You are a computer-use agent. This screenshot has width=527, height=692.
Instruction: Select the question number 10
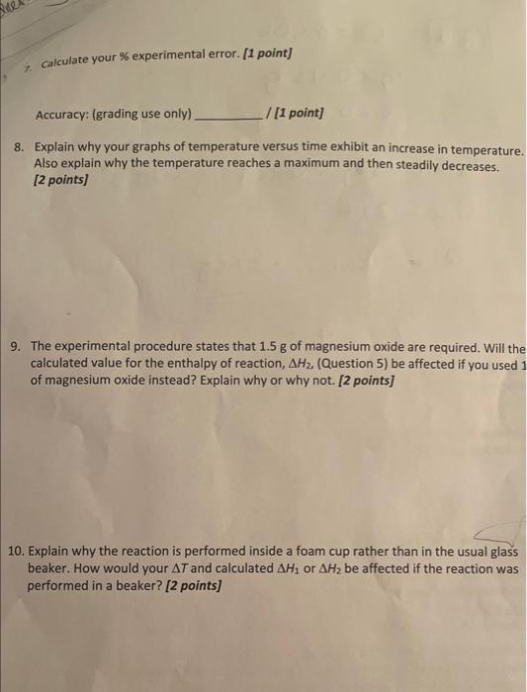(17, 550)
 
